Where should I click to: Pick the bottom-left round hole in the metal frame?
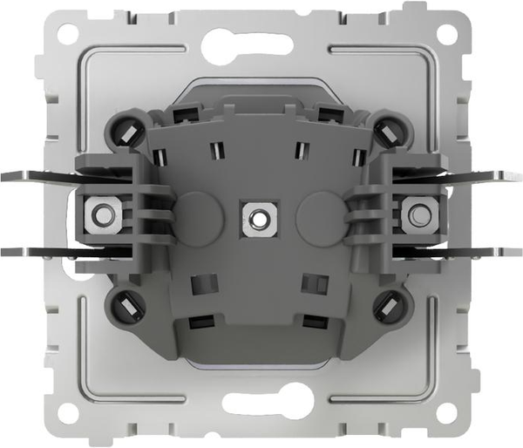[70, 411]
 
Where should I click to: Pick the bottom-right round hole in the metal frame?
[447, 411]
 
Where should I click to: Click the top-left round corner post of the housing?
[125, 130]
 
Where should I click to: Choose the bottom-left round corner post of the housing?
[125, 305]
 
